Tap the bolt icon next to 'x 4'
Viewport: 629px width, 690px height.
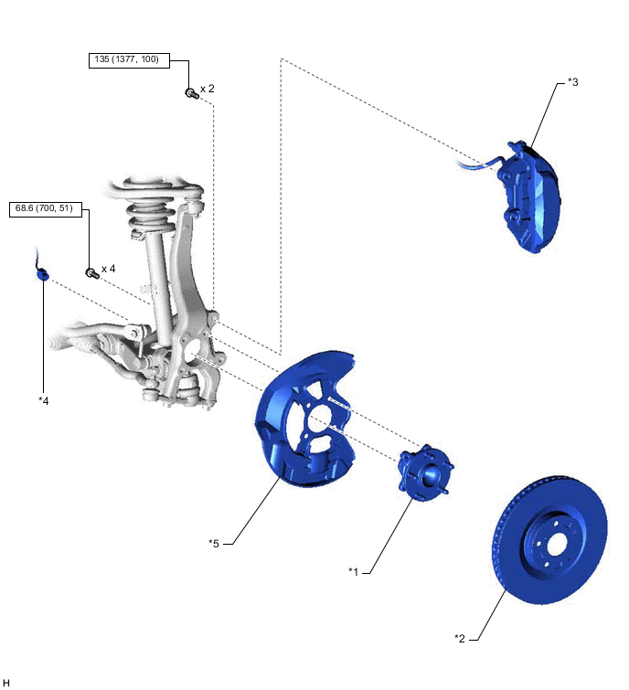coord(91,271)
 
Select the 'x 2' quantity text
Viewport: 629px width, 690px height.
coord(208,89)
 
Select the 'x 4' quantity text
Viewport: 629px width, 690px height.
coord(108,269)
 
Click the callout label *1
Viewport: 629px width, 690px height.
coord(354,571)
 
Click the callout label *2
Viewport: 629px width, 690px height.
coord(460,637)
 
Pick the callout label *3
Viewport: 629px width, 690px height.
coord(572,82)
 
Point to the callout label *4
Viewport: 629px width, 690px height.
coord(43,400)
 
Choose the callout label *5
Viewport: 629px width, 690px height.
coord(214,543)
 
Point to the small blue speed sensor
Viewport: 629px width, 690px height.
coord(42,271)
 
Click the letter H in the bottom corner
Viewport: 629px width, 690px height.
coord(6,682)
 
